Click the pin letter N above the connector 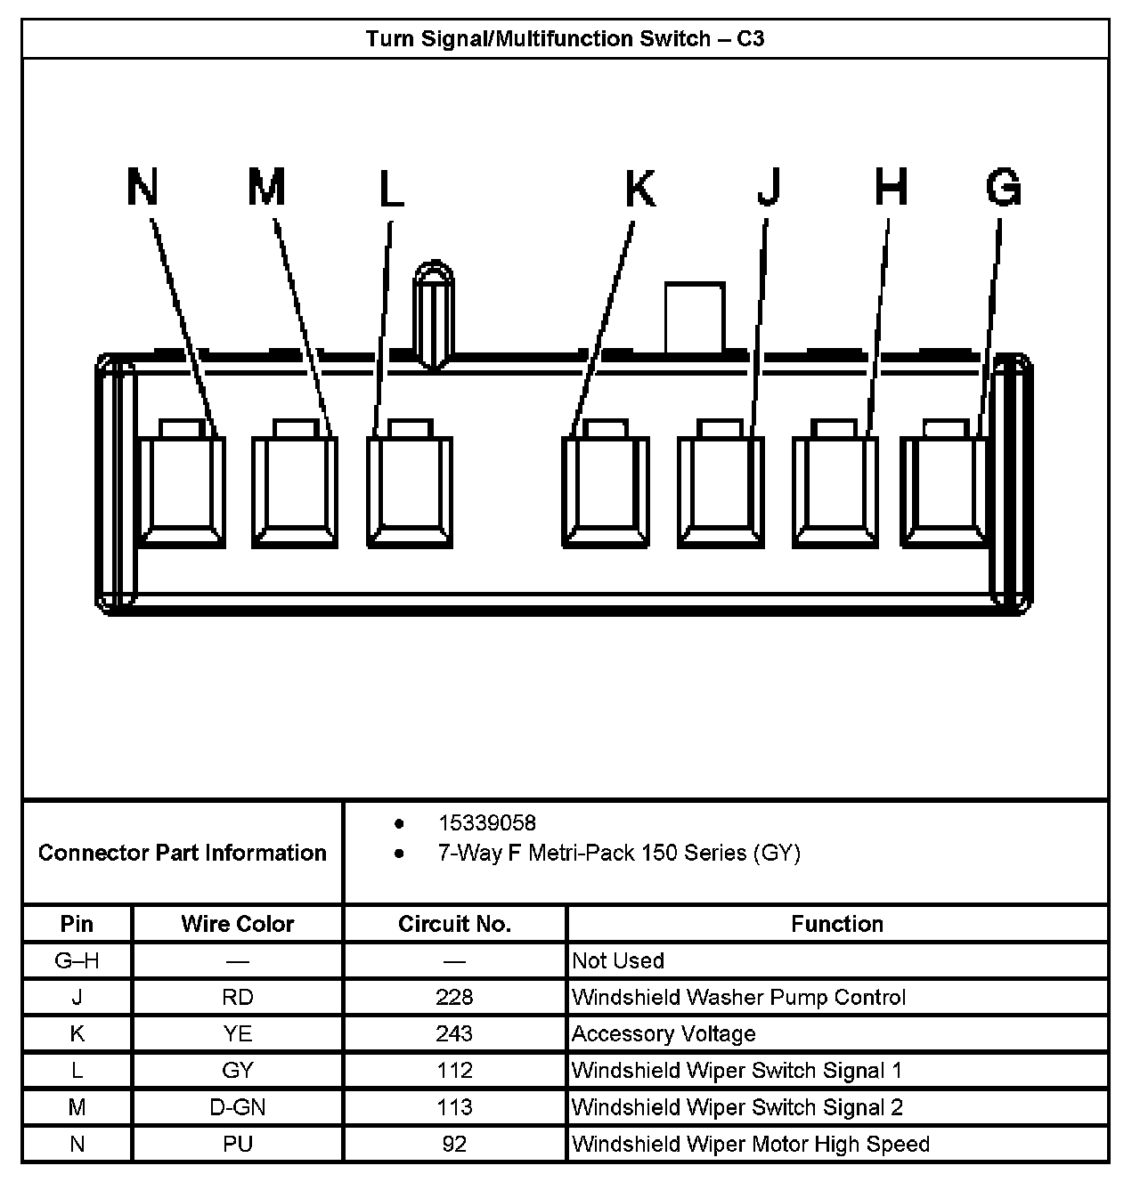click(142, 188)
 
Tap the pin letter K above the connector click(639, 188)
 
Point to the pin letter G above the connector click(1003, 188)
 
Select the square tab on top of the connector click(694, 317)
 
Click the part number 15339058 click(486, 823)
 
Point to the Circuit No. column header click(454, 924)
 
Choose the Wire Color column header click(237, 924)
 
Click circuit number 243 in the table click(454, 1033)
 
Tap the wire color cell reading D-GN click(237, 1107)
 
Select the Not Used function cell click(618, 960)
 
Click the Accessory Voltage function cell click(664, 1033)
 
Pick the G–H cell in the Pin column click(77, 960)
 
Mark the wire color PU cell click(237, 1144)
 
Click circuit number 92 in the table click(454, 1144)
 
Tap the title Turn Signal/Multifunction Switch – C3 click(565, 39)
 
